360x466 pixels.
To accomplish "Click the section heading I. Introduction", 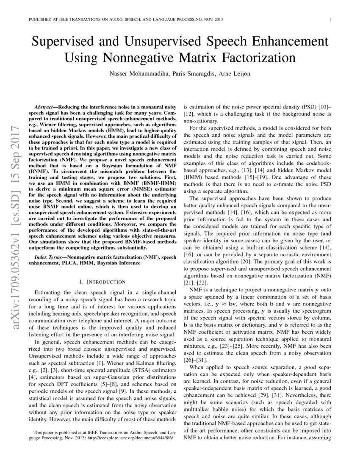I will tap(102, 281).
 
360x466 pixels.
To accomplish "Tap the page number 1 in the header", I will tap(330, 19).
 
